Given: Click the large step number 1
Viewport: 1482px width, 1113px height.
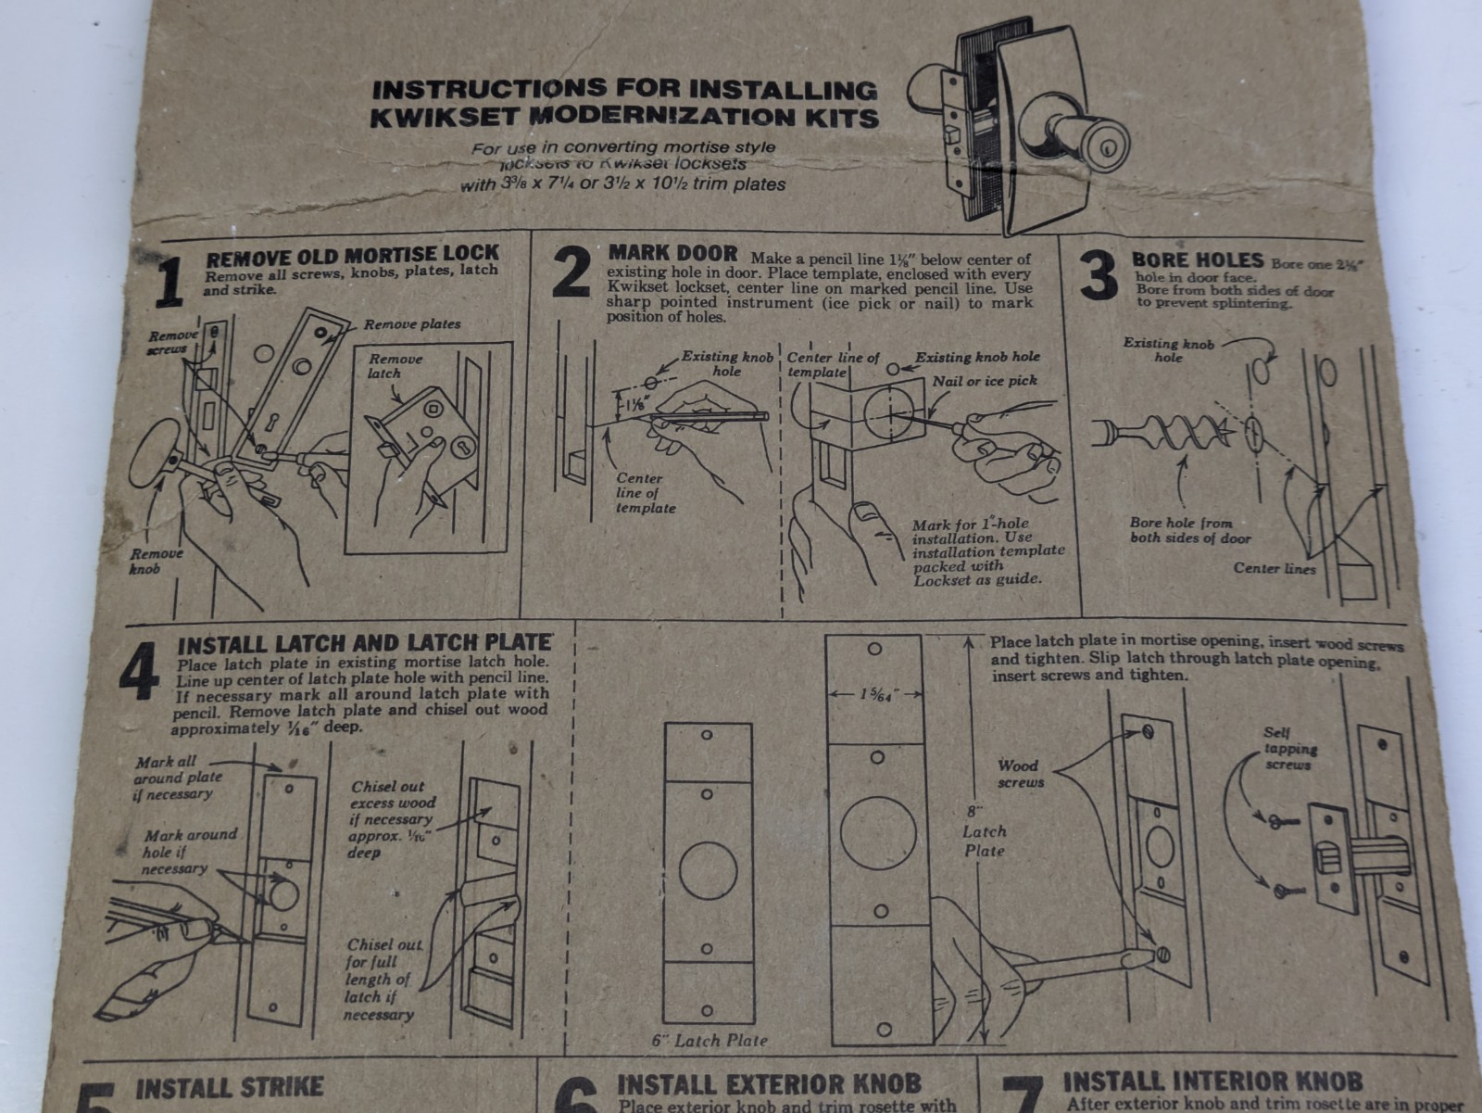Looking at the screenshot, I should (x=169, y=284).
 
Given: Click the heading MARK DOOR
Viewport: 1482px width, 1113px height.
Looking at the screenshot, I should (x=672, y=252).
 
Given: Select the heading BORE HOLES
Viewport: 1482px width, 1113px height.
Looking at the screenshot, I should (x=1197, y=260).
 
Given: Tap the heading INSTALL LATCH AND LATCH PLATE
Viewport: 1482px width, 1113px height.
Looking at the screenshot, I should (x=365, y=642).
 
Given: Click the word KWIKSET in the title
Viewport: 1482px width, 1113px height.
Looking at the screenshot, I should (x=449, y=119).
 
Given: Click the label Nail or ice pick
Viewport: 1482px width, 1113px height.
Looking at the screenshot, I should (x=985, y=381).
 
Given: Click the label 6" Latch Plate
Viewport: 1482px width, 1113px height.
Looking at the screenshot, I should (x=710, y=1040).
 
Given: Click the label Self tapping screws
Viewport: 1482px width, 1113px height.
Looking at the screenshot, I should (x=1289, y=749).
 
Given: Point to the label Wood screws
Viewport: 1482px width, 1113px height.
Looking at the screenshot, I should (x=1020, y=774).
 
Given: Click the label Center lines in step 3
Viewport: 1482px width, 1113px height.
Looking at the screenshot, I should (x=1274, y=568).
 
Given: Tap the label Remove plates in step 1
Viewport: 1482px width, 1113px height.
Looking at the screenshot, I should (x=411, y=324).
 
